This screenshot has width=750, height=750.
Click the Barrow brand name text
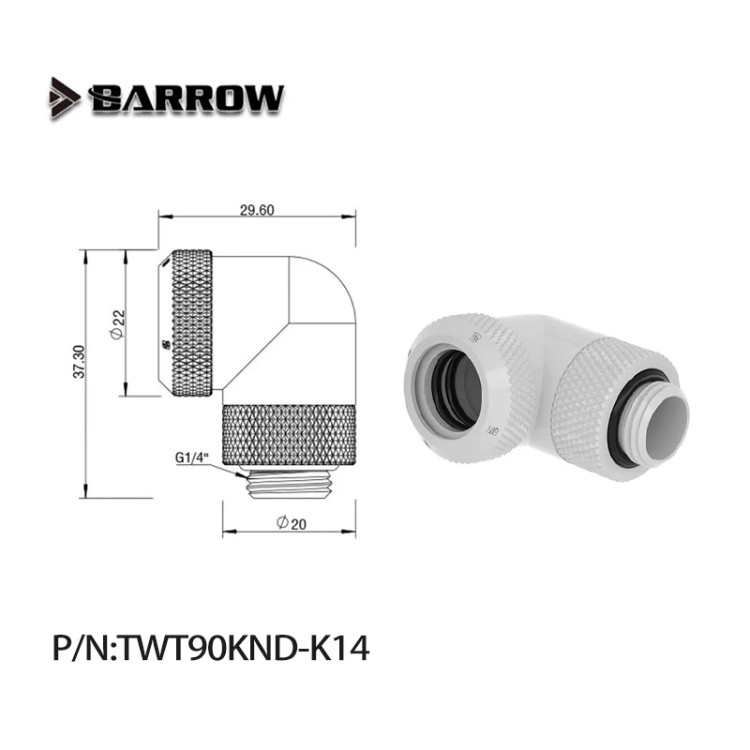click(186, 97)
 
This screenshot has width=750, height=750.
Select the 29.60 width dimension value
click(256, 210)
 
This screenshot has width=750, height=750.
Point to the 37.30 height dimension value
click(79, 361)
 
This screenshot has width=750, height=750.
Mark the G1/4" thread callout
click(191, 458)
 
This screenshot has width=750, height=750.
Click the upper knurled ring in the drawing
click(193, 323)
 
